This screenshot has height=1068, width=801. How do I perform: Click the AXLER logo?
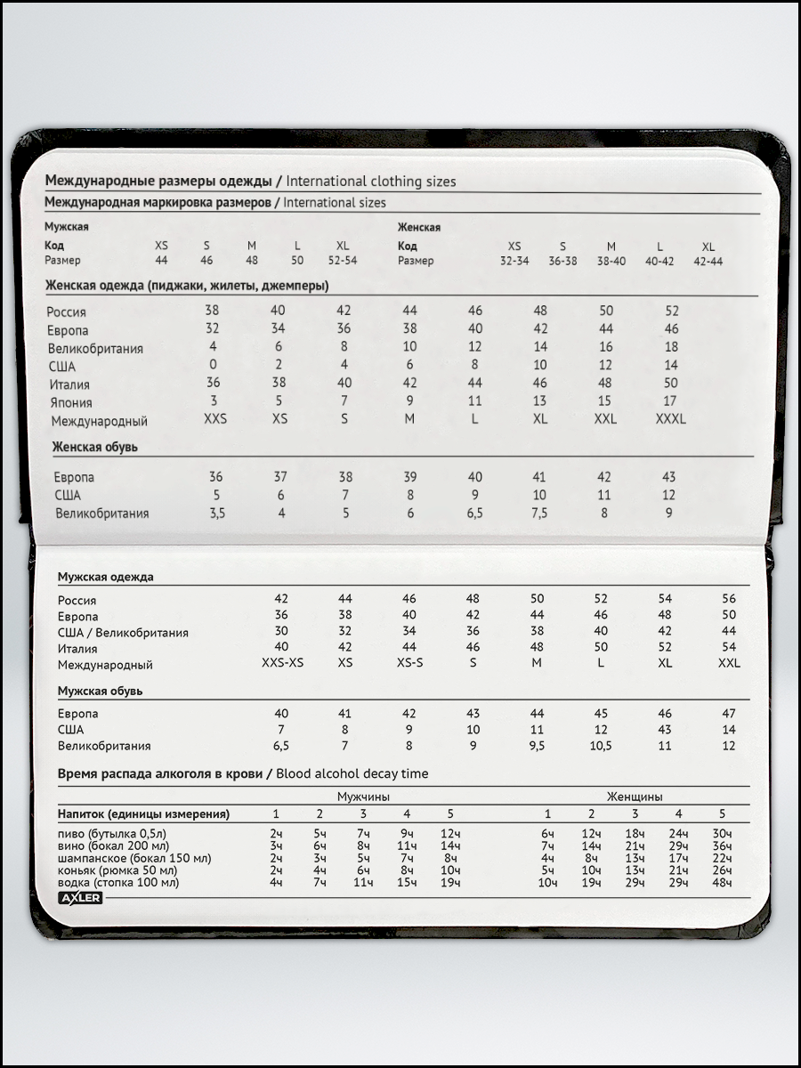coord(81,898)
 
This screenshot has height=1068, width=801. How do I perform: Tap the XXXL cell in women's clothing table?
coord(670,419)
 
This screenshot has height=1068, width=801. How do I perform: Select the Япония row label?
coord(71,402)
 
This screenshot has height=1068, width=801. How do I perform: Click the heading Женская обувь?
coord(94,447)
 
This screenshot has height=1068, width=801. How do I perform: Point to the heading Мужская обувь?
coord(101,691)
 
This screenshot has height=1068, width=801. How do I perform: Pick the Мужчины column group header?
coord(363,797)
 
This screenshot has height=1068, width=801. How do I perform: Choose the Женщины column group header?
coord(635,797)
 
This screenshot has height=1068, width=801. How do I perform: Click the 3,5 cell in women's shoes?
coord(215,514)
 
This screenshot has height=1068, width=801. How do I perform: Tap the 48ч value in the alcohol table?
coord(722,883)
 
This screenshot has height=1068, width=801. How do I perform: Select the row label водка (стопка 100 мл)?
coord(118,883)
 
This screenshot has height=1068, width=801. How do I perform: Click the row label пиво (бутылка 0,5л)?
coord(112,833)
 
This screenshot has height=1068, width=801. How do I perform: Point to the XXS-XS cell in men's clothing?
coord(283,664)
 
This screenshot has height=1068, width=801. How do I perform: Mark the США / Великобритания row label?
coord(123,633)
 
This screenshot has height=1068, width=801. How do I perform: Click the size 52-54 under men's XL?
coord(343,261)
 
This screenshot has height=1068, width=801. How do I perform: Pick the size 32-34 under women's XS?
coord(514,262)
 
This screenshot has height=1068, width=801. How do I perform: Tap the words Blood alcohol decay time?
coord(352,774)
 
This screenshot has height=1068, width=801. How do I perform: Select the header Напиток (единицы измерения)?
coord(143,814)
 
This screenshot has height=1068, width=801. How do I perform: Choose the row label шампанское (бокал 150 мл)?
coord(134,858)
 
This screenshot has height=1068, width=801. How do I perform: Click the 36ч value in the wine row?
coord(722,845)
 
